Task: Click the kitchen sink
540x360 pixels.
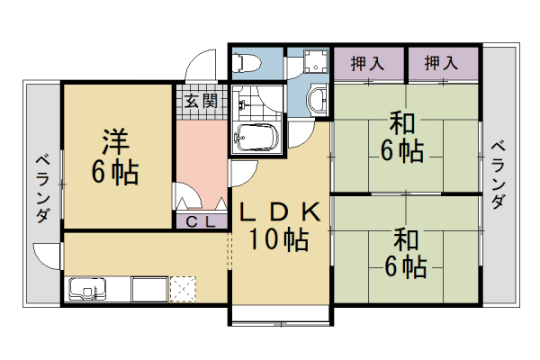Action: point(87,291)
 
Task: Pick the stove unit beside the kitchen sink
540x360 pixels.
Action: point(149,291)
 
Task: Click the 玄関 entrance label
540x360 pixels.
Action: point(201,101)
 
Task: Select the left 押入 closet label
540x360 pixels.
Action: point(367,64)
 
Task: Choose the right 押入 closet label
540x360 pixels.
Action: point(440,64)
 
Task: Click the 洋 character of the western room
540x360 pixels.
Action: point(114,141)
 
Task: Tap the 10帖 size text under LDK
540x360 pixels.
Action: point(279,240)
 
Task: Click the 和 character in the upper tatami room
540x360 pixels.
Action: point(401,122)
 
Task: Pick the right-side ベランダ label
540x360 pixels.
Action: point(497,175)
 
